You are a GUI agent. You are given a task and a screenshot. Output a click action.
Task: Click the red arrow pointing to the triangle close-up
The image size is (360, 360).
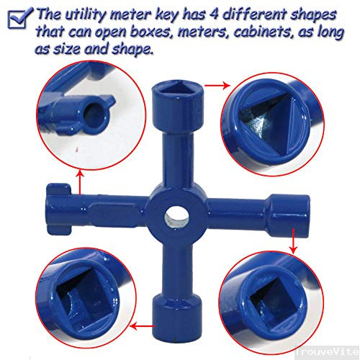(212, 86)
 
